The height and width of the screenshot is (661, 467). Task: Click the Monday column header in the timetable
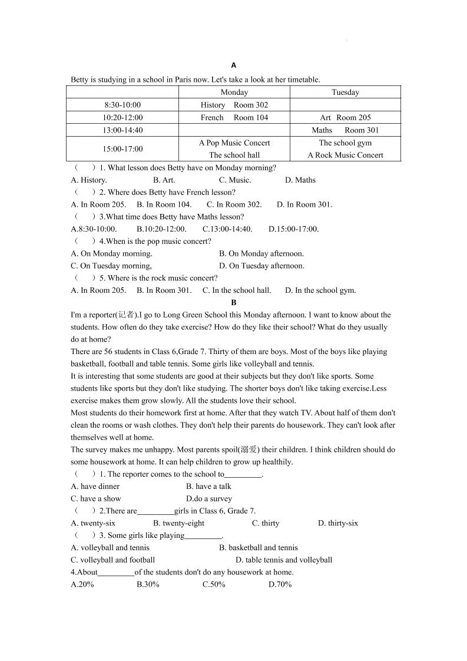coord(234,92)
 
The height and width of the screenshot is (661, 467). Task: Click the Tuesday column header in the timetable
coord(345,92)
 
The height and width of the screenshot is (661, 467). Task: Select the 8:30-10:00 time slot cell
coord(122,105)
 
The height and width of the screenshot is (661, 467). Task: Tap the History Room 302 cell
coord(234,105)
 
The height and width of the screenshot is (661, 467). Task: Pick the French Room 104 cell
coord(234,118)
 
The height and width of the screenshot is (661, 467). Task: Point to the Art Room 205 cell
coord(345,118)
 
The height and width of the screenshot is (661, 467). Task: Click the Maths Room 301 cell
coord(345,130)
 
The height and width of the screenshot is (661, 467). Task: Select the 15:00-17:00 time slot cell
coord(122,149)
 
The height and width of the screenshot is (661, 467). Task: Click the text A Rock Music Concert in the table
coord(345,156)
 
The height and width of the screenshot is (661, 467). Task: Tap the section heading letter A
coord(234,65)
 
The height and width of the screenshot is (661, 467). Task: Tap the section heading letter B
coord(234,302)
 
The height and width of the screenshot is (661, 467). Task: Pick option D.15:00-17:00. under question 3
coord(293,229)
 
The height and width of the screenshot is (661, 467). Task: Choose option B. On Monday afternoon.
coord(261,254)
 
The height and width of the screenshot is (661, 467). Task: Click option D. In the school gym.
coord(320,290)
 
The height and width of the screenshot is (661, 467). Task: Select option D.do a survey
coord(209,499)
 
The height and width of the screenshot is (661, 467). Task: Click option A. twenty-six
coord(93,524)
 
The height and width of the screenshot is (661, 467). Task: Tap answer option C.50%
coord(214,585)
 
